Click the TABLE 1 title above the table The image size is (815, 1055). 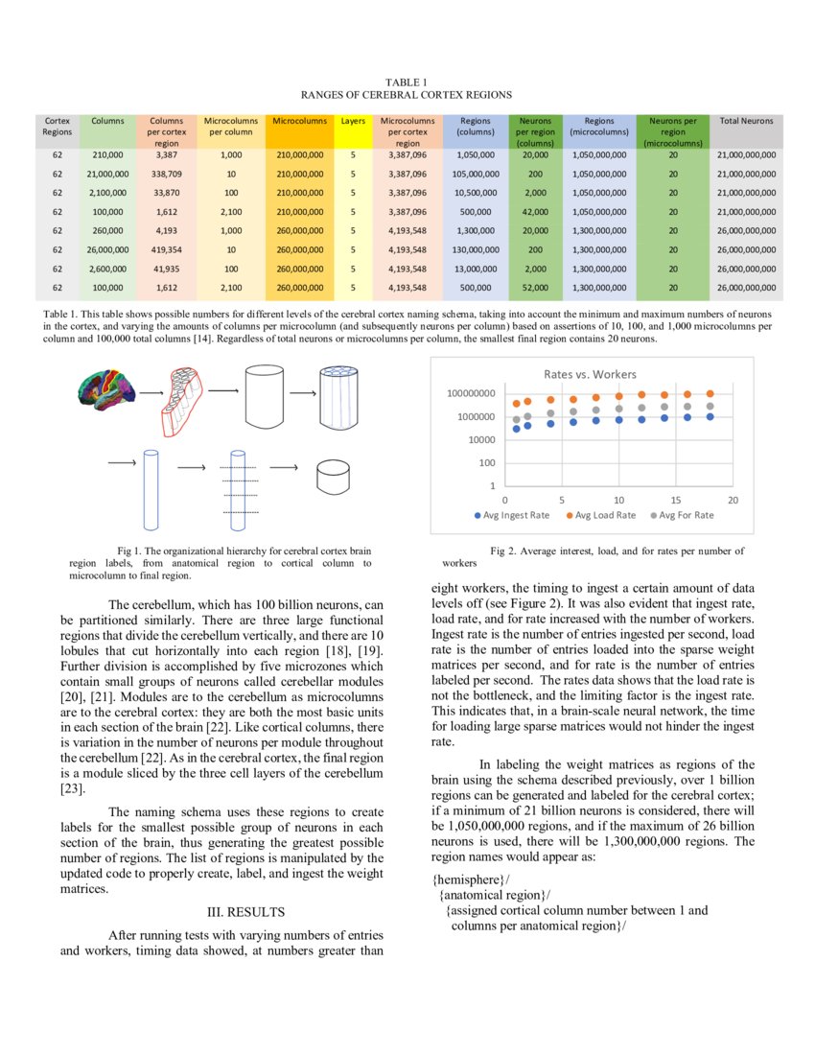406,83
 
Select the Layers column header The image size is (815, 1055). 353,122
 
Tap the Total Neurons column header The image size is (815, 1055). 746,122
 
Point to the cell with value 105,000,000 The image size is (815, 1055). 476,174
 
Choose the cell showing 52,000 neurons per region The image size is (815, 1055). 536,286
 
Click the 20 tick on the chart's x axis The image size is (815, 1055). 733,500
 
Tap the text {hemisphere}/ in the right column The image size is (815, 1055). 471,879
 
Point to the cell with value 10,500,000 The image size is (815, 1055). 476,193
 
